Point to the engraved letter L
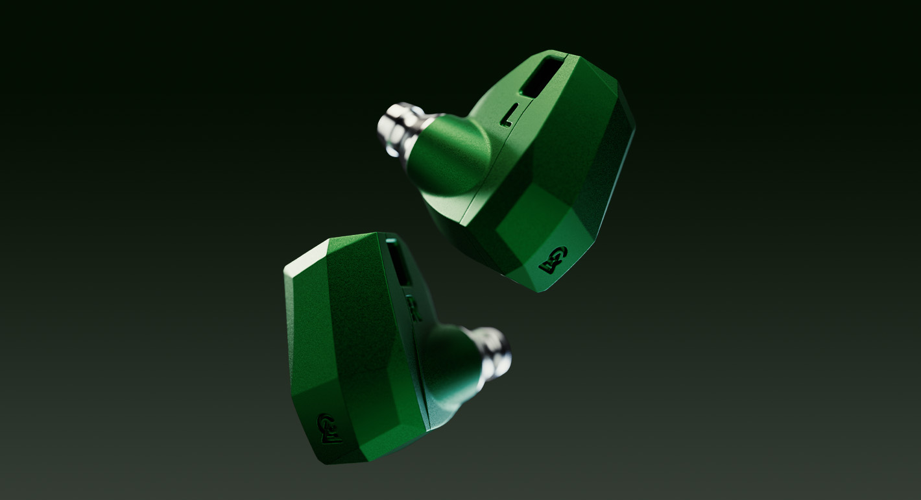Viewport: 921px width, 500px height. point(509,116)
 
